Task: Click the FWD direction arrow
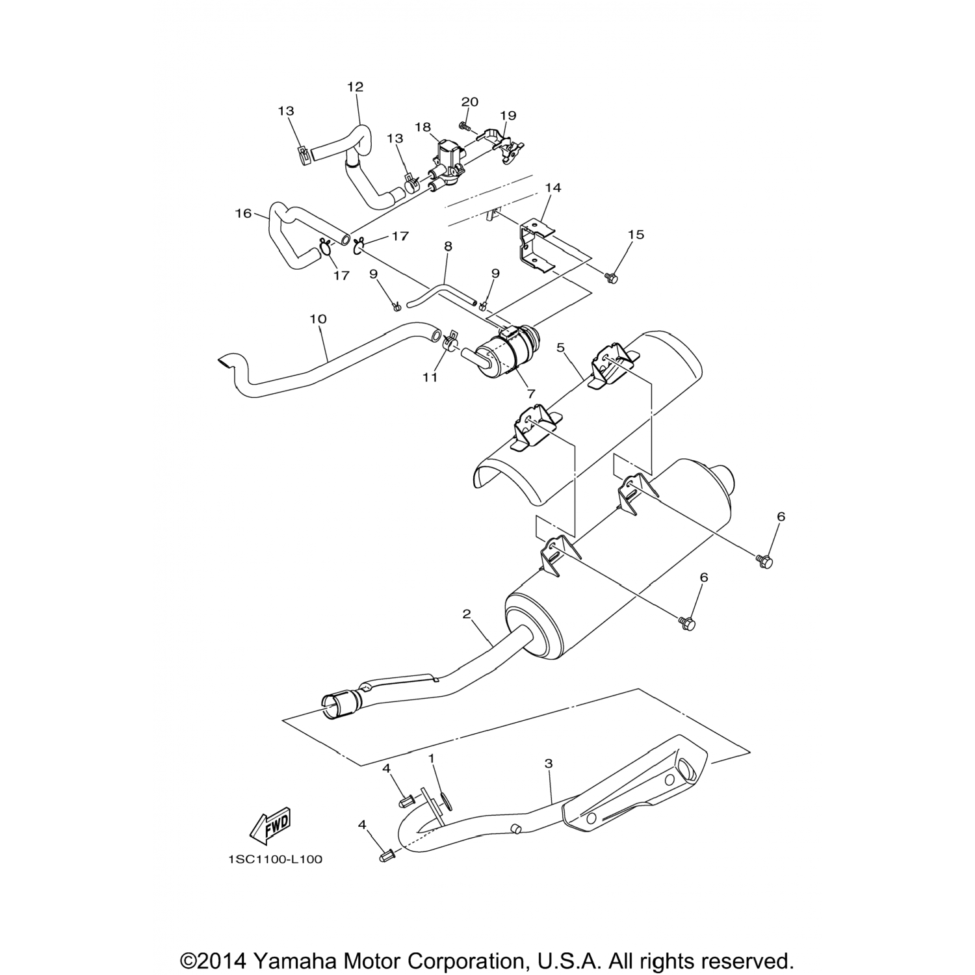(270, 825)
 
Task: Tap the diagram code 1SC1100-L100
(275, 859)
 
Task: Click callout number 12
(356, 86)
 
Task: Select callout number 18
(423, 127)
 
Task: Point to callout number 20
(470, 102)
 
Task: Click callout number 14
(553, 188)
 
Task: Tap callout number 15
(636, 235)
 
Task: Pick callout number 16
(243, 213)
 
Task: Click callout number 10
(318, 319)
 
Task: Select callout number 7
(531, 394)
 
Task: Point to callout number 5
(560, 348)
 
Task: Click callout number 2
(466, 614)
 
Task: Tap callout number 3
(549, 763)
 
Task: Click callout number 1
(430, 759)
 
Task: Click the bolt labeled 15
(610, 278)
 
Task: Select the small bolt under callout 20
(463, 125)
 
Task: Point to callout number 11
(430, 377)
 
